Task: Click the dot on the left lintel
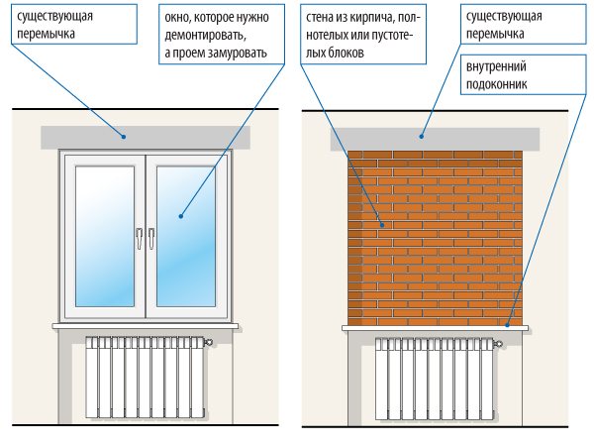pos(124,137)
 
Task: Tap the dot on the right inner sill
pos(508,325)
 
